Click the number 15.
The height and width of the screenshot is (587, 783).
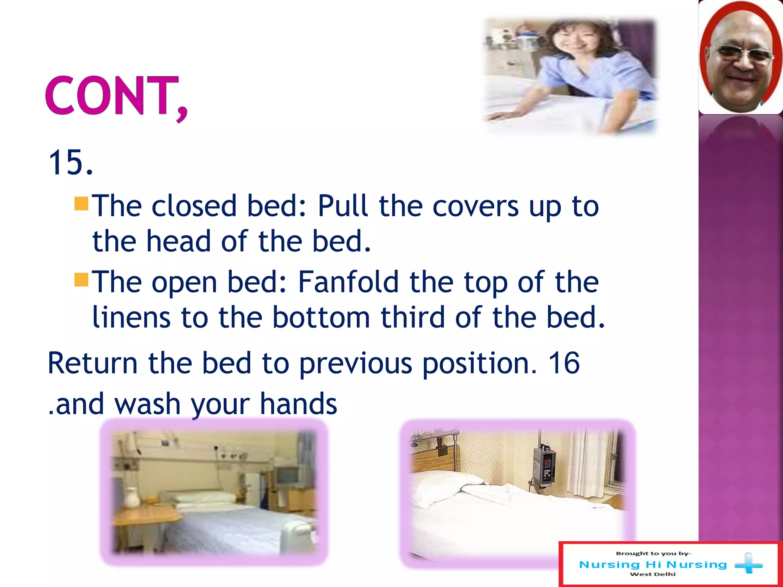tap(71, 163)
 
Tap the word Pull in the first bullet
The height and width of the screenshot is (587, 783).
tap(343, 206)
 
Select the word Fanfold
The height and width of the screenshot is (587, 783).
tap(348, 282)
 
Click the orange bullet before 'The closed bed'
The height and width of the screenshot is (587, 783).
tap(81, 204)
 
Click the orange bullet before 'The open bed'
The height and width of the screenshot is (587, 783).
tap(81, 280)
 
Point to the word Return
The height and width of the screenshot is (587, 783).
tap(92, 363)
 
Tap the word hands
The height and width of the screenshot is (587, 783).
tap(298, 404)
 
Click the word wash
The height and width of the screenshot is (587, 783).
tap(147, 404)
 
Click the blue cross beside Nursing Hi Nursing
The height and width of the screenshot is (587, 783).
tap(749, 564)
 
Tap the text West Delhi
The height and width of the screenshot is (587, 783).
tap(653, 574)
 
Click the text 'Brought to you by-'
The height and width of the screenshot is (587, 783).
tap(653, 553)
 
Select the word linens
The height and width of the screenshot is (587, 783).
tap(131, 317)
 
